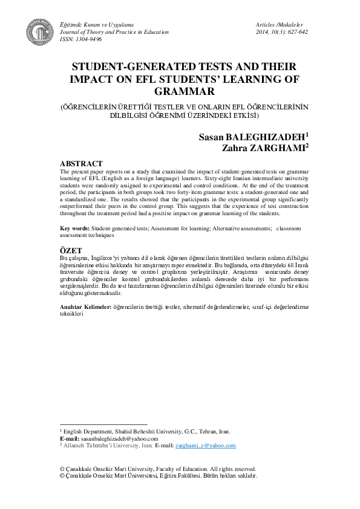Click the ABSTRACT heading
point(81,164)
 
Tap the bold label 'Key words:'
point(75,228)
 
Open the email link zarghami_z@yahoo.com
point(206,445)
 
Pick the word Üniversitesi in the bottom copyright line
point(146,476)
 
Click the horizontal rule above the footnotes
point(103,424)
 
